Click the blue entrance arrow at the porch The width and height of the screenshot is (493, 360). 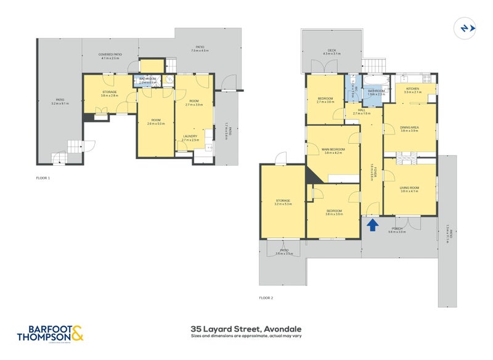372,225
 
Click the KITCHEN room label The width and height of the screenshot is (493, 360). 412,89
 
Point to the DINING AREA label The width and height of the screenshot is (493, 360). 409,128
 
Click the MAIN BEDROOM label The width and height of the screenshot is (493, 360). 333,149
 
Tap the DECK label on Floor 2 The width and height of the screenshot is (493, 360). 332,51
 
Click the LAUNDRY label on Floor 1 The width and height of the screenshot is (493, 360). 190,137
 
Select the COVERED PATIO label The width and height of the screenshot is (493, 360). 110,55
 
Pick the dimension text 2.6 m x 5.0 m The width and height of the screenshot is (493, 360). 156,124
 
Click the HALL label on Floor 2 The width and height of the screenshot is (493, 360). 362,110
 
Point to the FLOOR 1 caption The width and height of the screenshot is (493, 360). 43,178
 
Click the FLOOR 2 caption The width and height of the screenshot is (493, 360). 266,298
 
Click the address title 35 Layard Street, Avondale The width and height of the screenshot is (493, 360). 246,329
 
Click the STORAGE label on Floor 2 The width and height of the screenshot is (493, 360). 283,200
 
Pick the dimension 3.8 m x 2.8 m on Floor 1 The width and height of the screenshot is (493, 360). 110,96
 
